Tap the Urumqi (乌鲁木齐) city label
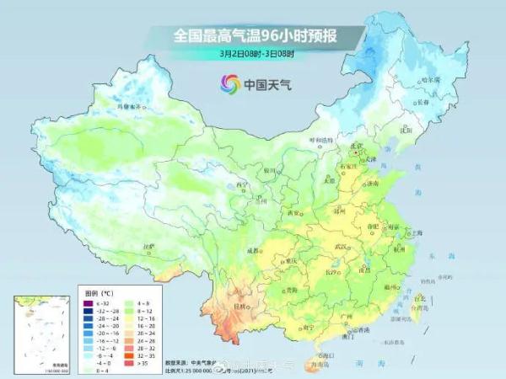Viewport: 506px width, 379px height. tap(130, 107)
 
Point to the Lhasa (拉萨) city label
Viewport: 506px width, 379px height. tap(150, 246)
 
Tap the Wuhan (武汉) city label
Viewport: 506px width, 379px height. tap(341, 246)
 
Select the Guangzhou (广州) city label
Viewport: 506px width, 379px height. tap(343, 316)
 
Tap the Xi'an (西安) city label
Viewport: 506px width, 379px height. tap(294, 214)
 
